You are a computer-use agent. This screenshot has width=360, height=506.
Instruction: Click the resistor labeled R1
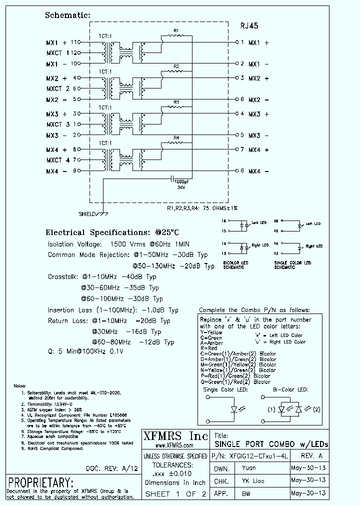176,35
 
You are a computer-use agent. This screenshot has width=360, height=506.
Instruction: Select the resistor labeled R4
176,142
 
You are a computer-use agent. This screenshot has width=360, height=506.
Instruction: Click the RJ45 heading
249,25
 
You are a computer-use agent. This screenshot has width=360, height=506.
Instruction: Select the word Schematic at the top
67,15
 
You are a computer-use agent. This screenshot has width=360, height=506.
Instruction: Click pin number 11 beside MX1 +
75,42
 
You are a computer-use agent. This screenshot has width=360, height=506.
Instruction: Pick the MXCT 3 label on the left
58,124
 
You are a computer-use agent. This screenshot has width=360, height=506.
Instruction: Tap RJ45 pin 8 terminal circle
237,171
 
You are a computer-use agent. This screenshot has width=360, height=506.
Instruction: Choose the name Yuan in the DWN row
249,468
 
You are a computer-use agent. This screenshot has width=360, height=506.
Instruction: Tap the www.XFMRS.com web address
174,445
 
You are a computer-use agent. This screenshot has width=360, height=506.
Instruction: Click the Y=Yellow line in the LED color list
211,332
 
